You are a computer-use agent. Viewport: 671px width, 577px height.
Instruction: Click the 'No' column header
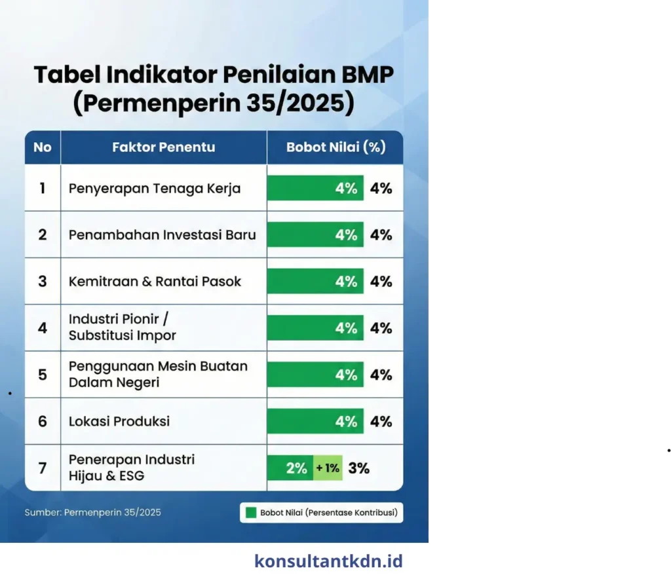43,147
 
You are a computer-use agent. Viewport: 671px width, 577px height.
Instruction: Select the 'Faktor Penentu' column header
163,147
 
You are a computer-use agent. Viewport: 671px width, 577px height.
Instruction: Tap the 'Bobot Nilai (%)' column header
335,147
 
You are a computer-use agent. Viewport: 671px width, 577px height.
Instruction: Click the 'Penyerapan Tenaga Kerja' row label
155,189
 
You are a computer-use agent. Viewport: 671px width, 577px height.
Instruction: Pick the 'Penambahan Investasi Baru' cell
163,234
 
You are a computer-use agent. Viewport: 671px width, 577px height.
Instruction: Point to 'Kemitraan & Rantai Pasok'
155,282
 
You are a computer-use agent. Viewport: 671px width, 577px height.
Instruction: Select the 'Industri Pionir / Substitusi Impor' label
123,327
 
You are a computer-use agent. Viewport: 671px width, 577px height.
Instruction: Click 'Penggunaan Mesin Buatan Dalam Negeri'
158,375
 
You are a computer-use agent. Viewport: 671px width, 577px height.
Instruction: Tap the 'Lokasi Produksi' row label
119,421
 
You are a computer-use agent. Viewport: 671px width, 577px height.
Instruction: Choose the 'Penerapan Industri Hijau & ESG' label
132,468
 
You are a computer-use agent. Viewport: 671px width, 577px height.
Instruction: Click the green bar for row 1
315,189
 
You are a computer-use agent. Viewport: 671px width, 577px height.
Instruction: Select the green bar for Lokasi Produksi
315,421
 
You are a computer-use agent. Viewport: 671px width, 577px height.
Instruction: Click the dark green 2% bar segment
290,468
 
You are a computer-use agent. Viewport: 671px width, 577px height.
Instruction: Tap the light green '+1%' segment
328,468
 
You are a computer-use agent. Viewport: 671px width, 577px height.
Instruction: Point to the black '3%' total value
359,468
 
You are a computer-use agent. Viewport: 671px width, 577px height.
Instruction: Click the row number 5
43,375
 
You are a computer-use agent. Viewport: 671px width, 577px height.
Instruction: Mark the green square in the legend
250,513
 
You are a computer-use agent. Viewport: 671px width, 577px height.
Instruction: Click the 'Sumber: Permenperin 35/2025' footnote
92,512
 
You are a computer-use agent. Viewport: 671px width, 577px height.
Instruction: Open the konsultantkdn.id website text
328,561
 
